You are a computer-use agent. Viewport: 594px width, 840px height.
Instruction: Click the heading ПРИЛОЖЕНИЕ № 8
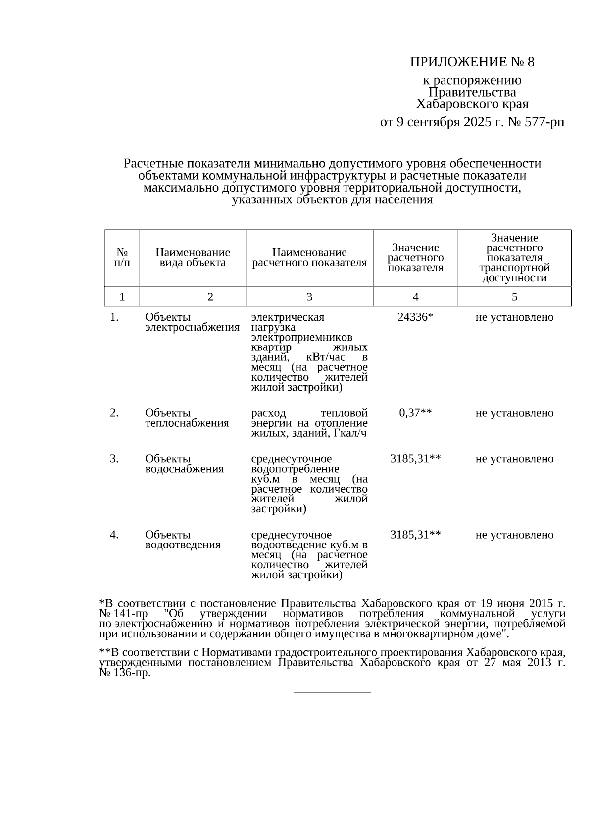pyautogui.click(x=472, y=62)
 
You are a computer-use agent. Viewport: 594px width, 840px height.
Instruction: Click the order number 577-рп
pyautogui.click(x=543, y=122)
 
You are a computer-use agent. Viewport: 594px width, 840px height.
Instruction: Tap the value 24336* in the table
pyautogui.click(x=415, y=317)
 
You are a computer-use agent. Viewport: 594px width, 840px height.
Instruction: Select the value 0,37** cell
pyautogui.click(x=415, y=413)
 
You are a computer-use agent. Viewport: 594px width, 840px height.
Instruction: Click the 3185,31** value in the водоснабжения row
pyautogui.click(x=415, y=459)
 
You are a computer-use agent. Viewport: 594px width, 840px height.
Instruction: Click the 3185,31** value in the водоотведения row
pyautogui.click(x=415, y=535)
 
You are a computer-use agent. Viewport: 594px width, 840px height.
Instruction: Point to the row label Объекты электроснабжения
pyautogui.click(x=192, y=322)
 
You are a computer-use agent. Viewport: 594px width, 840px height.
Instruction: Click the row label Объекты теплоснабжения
pyautogui.click(x=187, y=418)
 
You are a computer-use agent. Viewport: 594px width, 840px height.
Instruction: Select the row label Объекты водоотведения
pyautogui.click(x=182, y=540)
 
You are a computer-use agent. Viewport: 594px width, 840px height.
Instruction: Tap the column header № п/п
pyautogui.click(x=122, y=257)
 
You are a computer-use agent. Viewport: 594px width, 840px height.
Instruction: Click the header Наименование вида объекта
pyautogui.click(x=193, y=258)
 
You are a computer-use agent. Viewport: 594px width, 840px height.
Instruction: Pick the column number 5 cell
pyautogui.click(x=514, y=297)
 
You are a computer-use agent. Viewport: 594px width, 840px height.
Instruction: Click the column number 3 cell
pyautogui.click(x=309, y=297)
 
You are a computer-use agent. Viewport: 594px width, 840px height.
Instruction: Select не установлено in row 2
pyautogui.click(x=514, y=413)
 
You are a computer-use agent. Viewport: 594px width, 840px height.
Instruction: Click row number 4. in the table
pyautogui.click(x=114, y=535)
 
